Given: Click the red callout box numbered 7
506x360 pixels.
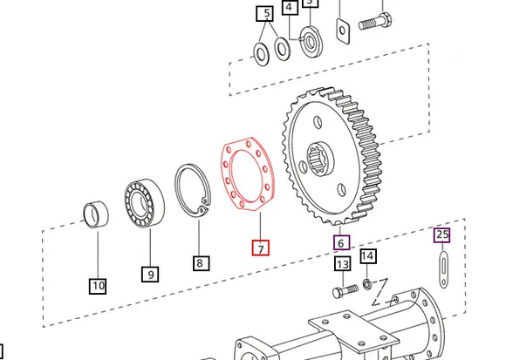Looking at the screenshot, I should point(260,248).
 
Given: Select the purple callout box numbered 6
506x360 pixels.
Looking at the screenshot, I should point(342,243).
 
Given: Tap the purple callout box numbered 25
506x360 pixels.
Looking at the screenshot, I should point(442,234).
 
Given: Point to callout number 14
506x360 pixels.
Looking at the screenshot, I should point(368,256).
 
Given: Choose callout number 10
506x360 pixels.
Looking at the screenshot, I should point(97,285).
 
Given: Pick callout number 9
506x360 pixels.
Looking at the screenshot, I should point(151,274).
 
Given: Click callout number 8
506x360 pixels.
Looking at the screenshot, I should point(200,262).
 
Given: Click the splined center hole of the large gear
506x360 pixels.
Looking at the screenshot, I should point(322,158).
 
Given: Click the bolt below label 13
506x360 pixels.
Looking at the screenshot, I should point(344,289).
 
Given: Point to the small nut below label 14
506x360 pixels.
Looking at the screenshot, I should point(368,283).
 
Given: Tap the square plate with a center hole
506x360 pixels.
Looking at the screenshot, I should point(342,31).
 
